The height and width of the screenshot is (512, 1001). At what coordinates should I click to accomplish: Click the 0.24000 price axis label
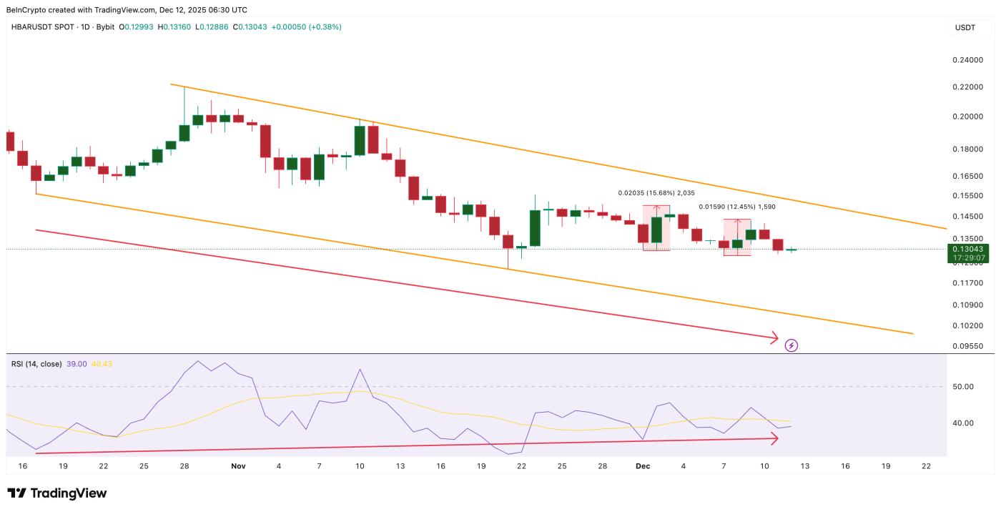968,61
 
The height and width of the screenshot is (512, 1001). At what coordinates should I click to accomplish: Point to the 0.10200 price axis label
968,325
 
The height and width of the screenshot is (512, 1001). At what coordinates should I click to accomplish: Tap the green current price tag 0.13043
968,249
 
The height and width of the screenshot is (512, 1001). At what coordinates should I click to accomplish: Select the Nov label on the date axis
238,466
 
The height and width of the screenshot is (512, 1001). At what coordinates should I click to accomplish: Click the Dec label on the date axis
643,466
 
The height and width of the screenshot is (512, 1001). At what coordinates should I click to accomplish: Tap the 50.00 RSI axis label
963,387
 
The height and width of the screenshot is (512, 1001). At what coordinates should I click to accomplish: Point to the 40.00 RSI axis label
963,423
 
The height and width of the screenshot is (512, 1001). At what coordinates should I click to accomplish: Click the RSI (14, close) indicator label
36,364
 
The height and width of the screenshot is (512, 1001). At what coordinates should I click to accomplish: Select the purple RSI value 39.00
77,364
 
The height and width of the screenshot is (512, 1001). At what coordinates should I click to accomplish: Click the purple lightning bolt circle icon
792,345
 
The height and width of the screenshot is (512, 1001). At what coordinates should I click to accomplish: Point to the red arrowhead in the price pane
774,337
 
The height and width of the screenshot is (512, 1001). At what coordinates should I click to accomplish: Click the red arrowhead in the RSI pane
774,440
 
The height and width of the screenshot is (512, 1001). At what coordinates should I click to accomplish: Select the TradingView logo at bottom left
57,493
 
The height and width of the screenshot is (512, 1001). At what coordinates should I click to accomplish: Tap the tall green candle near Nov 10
360,139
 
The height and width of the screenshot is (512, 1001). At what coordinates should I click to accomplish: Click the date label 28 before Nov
184,466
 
